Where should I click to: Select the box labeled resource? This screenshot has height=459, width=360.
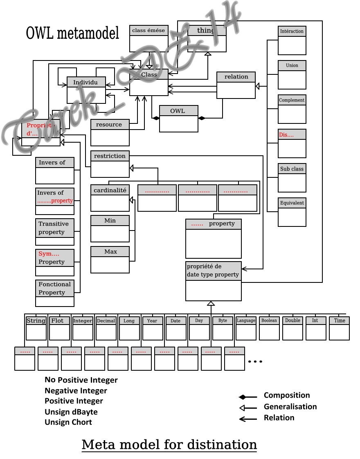click(x=110, y=125)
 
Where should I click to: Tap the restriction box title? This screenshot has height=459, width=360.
click(x=110, y=156)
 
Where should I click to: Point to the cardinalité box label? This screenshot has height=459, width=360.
click(x=110, y=190)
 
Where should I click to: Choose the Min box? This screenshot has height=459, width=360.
click(x=110, y=221)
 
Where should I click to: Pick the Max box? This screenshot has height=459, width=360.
click(x=110, y=252)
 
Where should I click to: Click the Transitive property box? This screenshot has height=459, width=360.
click(x=55, y=228)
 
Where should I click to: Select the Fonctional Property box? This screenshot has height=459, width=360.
click(x=55, y=288)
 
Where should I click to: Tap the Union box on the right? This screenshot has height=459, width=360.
click(x=292, y=65)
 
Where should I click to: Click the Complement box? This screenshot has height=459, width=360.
click(x=292, y=100)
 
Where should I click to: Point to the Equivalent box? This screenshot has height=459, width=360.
click(x=292, y=203)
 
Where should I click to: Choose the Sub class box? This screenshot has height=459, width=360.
click(x=292, y=169)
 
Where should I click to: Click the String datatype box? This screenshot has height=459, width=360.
click(x=36, y=321)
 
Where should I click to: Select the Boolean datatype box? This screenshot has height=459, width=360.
click(x=269, y=321)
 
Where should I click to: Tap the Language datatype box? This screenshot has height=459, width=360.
click(x=246, y=321)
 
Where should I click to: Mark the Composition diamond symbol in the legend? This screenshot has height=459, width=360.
click(x=243, y=397)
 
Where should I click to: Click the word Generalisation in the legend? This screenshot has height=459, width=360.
click(x=290, y=407)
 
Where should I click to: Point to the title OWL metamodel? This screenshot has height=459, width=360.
click(x=72, y=33)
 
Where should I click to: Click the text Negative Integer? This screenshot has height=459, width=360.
click(x=76, y=391)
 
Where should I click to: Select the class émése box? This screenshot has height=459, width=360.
click(x=148, y=31)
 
